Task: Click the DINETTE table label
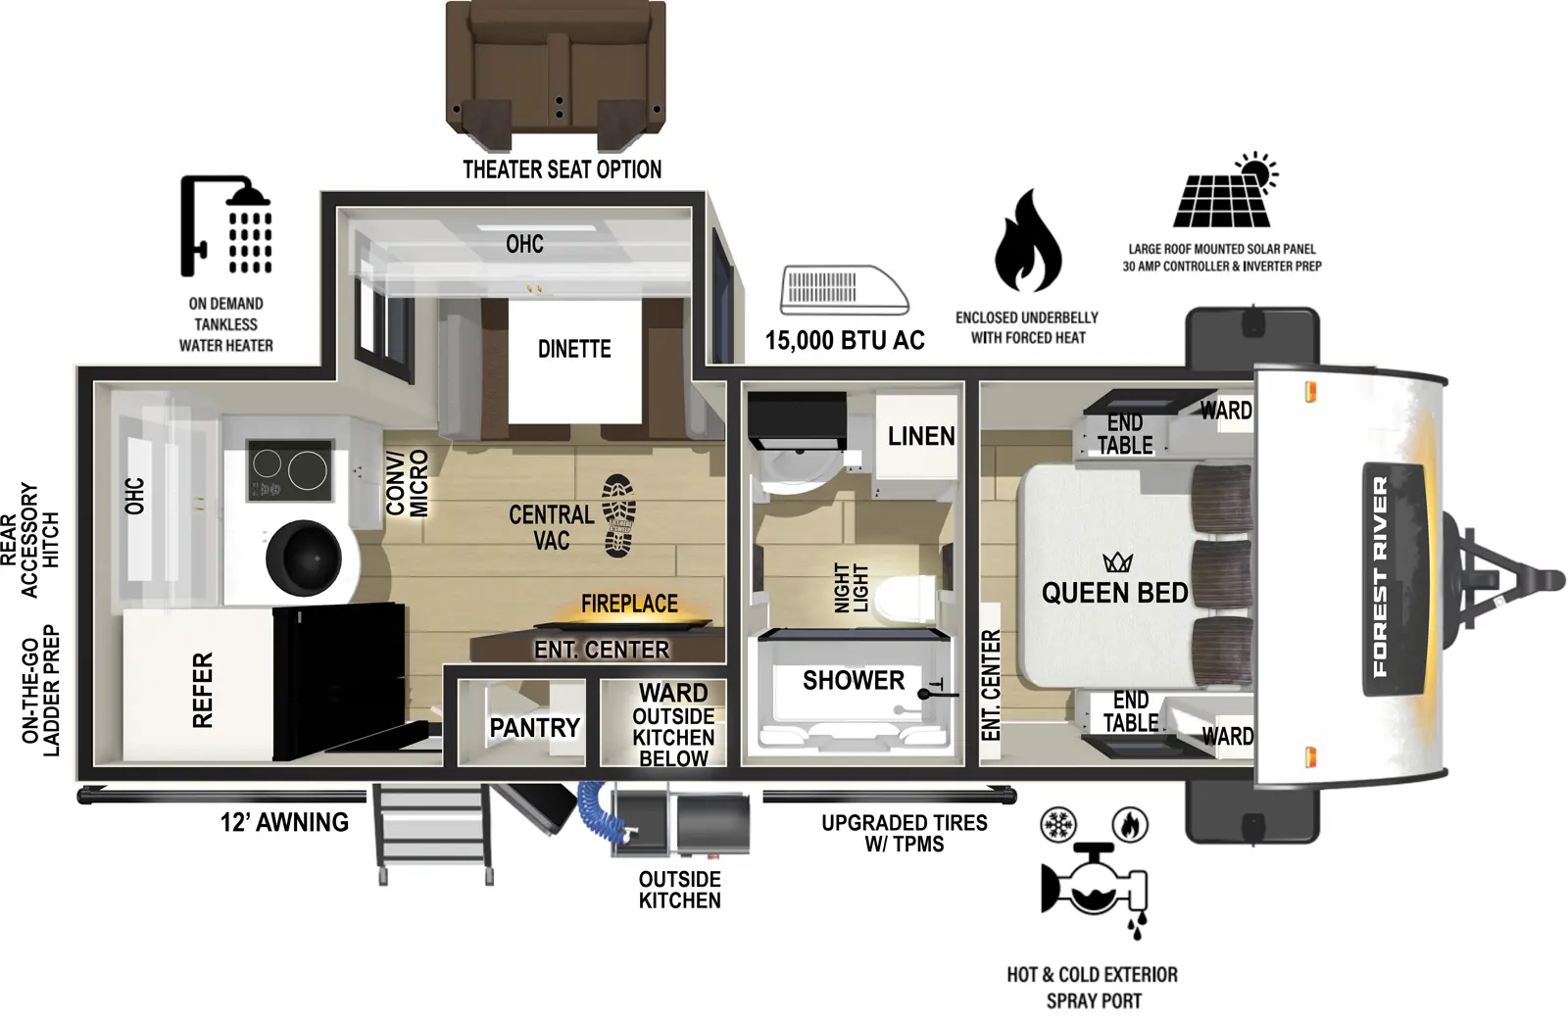pos(574,349)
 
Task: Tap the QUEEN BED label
pos(1114,593)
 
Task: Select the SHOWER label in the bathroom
pos(853,680)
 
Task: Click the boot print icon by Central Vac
pos(619,515)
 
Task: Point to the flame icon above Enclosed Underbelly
pos(1027,242)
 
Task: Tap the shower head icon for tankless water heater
pos(226,226)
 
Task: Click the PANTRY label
pos(534,728)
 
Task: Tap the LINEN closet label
pos(920,436)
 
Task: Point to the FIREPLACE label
pos(629,604)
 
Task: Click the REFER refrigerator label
pos(202,690)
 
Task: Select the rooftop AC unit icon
pos(843,291)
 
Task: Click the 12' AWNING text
pos(284,822)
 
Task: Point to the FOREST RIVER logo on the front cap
pos(1381,578)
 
